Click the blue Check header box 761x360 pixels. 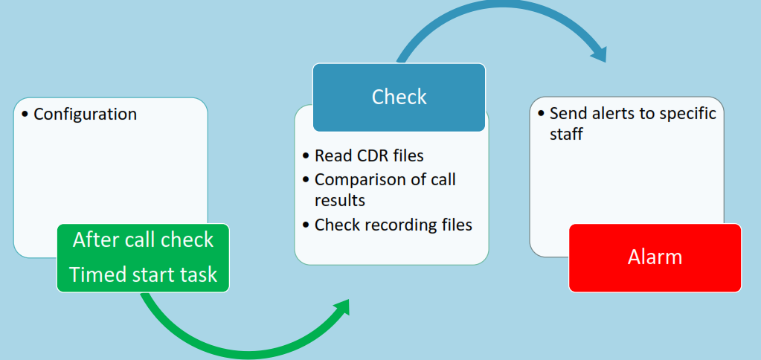(399, 97)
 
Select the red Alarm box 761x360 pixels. (655, 257)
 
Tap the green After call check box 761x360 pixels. (143, 257)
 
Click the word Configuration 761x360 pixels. (86, 115)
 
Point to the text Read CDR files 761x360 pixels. (369, 155)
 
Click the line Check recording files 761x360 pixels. (393, 225)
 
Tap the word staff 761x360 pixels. (566, 134)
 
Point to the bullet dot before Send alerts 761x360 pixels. (541, 114)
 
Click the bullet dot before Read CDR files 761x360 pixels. (306, 156)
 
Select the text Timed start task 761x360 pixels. (143, 274)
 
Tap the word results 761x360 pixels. (340, 200)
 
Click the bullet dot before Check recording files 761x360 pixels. (306, 225)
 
